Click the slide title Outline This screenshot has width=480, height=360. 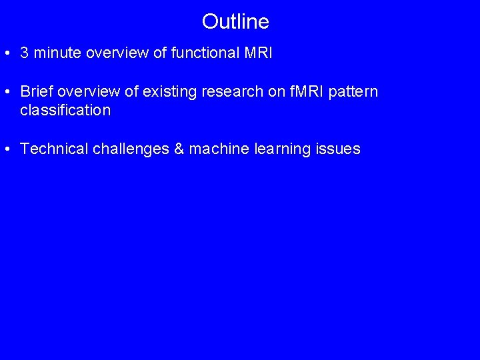[235, 22]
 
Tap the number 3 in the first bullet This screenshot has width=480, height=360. [25, 53]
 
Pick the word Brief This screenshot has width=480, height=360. [35, 91]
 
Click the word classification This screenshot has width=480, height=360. [65, 110]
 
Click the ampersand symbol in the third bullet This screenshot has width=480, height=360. [179, 149]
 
